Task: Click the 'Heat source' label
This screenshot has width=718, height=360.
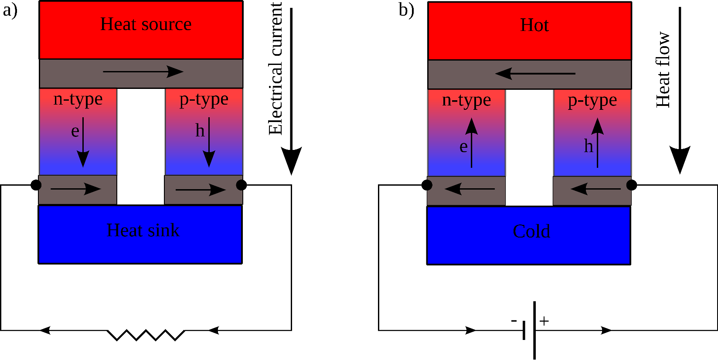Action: point(146,24)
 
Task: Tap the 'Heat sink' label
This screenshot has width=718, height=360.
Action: point(143,230)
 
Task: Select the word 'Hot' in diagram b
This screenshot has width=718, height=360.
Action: point(534,25)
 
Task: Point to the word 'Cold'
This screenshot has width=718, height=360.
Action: point(531,231)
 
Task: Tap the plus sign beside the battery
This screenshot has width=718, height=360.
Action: point(544,321)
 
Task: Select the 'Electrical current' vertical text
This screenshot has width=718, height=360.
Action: point(276,69)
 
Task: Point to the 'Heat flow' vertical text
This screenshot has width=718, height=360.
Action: point(663,70)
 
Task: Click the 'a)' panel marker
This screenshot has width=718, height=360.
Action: point(10,10)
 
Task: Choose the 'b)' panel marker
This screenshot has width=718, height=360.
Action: point(406,10)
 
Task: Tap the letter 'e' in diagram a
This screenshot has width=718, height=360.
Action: point(75,131)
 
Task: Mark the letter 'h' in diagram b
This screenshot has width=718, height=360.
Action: point(589,146)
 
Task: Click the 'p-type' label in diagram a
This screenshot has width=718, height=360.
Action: point(204,100)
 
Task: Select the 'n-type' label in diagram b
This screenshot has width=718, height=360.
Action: point(466,101)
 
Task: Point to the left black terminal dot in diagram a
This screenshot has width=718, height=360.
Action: point(36,185)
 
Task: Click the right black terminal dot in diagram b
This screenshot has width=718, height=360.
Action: point(631,185)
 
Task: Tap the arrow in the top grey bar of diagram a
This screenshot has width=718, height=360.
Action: point(143,71)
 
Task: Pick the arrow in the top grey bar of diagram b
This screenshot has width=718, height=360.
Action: point(535,73)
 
